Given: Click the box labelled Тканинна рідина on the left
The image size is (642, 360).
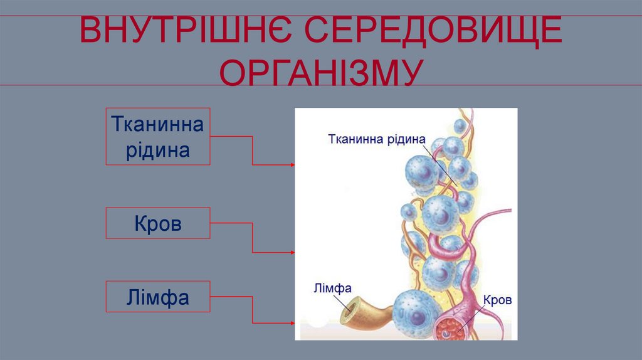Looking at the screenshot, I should coord(157,137).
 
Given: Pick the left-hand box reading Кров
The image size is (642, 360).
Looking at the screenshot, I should coord(157,223).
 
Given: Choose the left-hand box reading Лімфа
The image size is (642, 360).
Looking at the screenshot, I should coord(157,297).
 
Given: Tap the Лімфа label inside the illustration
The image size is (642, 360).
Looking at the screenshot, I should coord(332,288).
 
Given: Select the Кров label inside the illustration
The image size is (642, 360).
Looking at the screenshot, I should coord(497,300).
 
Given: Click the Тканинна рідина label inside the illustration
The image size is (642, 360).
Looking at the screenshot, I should coord(377,139).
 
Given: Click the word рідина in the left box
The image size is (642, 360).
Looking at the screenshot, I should coord(157,151).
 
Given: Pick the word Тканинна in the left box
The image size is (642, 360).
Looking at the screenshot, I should coord(157,124).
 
